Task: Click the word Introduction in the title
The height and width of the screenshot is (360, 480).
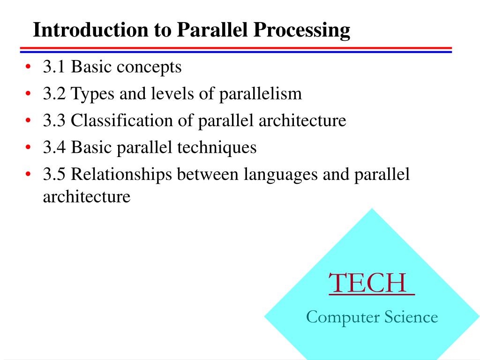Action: (90, 30)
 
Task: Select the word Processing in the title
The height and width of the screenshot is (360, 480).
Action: (302, 30)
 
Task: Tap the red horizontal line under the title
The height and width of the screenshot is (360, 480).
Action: (236, 48)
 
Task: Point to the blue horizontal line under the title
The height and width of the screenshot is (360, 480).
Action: (236, 52)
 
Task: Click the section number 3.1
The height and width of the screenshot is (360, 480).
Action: (54, 67)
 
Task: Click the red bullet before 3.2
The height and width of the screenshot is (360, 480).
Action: (28, 93)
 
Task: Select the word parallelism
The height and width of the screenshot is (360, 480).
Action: (261, 94)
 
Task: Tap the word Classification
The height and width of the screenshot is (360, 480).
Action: (122, 120)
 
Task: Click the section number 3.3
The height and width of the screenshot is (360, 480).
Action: (54, 120)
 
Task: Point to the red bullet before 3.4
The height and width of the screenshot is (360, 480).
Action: (28, 147)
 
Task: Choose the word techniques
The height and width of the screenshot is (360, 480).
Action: (217, 148)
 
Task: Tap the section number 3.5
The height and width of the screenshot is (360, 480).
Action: (54, 174)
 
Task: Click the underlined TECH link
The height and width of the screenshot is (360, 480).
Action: (372, 283)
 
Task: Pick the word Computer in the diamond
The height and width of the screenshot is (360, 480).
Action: (343, 317)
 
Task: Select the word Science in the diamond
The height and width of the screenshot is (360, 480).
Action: (411, 317)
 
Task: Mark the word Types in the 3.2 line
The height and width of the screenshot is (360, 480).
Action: (92, 94)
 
